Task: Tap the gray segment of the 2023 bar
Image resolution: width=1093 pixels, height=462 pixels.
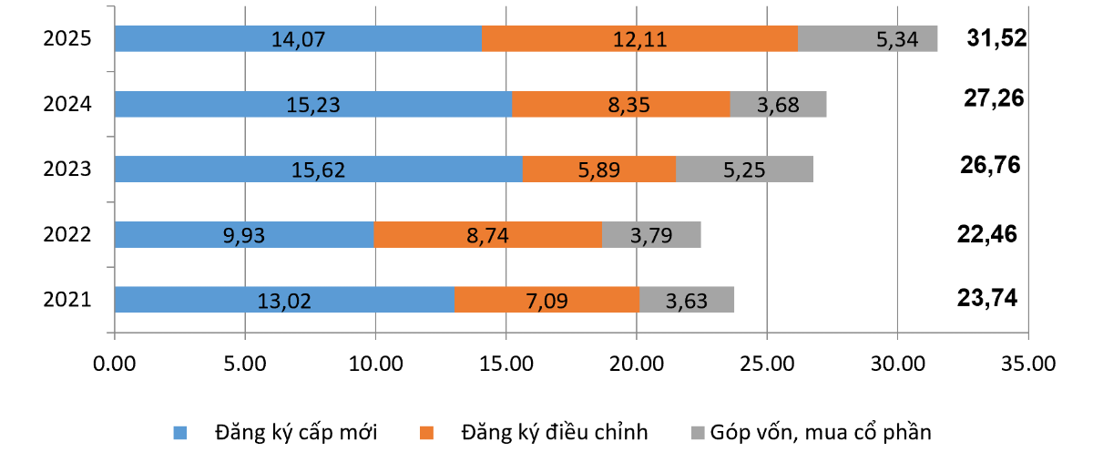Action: (744, 169)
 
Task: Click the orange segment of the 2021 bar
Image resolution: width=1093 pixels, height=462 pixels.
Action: (546, 300)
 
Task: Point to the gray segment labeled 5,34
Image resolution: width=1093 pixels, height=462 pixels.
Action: (867, 39)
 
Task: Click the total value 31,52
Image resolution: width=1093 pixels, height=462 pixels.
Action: (996, 37)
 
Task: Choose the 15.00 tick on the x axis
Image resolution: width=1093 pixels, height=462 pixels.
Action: (506, 363)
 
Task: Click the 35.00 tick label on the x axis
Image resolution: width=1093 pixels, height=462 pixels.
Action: (1027, 363)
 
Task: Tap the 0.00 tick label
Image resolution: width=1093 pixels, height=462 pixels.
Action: (115, 363)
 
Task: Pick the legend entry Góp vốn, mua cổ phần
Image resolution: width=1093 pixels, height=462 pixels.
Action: (821, 432)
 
